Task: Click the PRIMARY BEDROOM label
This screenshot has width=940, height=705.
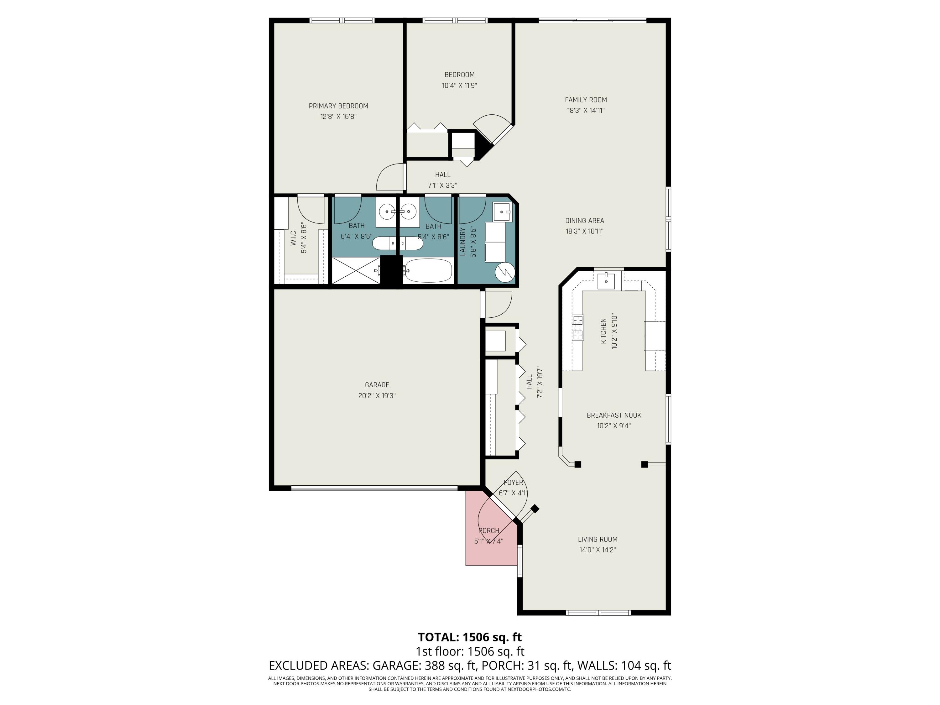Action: pos(338,106)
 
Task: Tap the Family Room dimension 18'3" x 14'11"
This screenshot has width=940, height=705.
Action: pos(585,111)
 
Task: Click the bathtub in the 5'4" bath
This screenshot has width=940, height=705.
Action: pos(428,270)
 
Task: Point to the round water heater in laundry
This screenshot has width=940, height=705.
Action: pos(505,272)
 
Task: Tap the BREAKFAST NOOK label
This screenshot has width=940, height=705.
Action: pos(614,415)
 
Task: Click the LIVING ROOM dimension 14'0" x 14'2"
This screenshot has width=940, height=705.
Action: pos(597,550)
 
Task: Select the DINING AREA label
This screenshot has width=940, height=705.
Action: pos(584,221)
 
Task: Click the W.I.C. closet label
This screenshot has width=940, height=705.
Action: pos(293,238)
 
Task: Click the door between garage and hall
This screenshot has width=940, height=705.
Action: pos(497,305)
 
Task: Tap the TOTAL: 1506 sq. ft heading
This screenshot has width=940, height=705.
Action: pos(470,637)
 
